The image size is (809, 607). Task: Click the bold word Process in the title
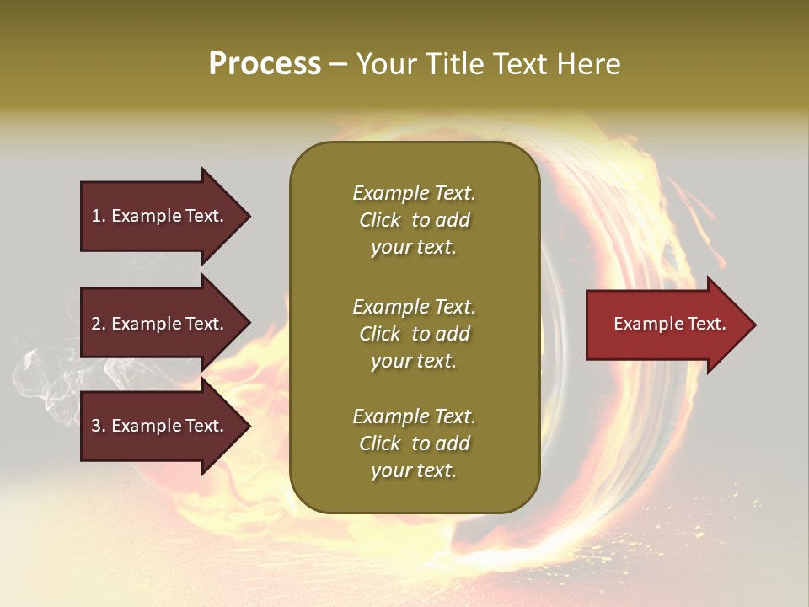(x=265, y=64)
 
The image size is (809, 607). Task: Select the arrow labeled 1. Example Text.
(x=160, y=216)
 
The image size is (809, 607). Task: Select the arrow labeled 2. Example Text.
(x=160, y=324)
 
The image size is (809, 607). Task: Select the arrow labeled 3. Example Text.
(x=160, y=426)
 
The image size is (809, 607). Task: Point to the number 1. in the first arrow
(x=99, y=216)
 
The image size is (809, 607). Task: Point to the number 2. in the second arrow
(x=99, y=324)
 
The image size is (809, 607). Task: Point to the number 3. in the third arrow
(x=99, y=426)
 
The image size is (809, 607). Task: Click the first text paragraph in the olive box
(x=414, y=220)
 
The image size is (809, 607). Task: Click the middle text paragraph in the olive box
(x=414, y=334)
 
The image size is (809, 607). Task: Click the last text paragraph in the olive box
(x=414, y=443)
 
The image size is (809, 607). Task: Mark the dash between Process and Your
(x=338, y=65)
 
